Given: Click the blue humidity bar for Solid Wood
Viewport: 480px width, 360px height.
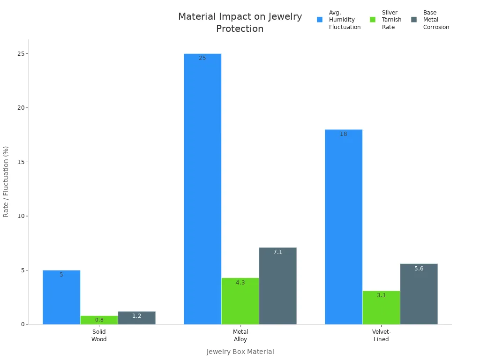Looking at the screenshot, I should (x=61, y=297).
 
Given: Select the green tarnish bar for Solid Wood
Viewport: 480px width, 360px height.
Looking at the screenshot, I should (x=99, y=320).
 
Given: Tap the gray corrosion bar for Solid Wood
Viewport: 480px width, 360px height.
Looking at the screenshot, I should (x=136, y=318).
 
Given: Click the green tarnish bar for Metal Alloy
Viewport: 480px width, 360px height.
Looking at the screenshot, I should (x=240, y=301).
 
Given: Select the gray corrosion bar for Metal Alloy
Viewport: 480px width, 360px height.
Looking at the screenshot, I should (x=277, y=286).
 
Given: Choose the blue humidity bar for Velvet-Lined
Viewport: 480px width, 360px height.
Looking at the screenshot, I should (x=344, y=227).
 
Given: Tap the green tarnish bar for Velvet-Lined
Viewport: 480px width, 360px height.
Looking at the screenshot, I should (x=381, y=307).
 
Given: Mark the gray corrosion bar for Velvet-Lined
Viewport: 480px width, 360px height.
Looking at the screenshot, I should (x=419, y=294).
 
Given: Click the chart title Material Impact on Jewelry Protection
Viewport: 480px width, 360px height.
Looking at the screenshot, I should (x=240, y=22).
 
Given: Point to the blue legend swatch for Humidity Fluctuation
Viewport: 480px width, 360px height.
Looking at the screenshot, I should (x=320, y=20).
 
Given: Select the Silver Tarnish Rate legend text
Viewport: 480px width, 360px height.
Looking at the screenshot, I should (x=391, y=20).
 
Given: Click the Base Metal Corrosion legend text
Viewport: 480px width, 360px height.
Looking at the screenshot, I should (x=436, y=20).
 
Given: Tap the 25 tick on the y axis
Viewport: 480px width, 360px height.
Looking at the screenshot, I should (x=20, y=54).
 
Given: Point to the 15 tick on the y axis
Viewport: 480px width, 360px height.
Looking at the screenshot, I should (x=20, y=162).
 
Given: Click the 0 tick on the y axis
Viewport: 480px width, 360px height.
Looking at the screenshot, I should (x=22, y=324).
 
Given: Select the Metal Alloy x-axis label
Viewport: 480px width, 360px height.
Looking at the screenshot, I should (x=240, y=336).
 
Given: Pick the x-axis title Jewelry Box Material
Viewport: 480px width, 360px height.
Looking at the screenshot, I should (x=240, y=352).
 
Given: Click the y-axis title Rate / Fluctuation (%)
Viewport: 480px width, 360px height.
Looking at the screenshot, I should (x=6, y=181).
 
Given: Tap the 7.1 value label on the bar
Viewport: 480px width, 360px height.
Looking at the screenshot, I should (x=278, y=252).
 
